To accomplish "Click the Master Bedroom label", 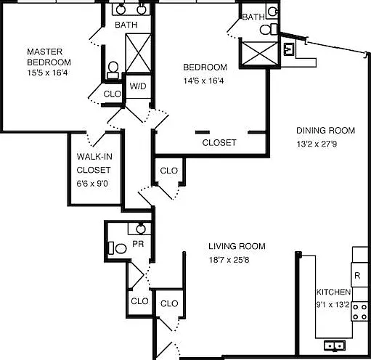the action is pyautogui.click(x=49, y=57).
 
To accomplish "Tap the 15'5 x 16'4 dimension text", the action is pyautogui.click(x=47, y=73).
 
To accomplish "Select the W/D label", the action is pyautogui.click(x=138, y=86).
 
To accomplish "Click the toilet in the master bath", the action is pyautogui.click(x=113, y=70).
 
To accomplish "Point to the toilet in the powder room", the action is pyautogui.click(x=118, y=248).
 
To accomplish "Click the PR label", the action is pyautogui.click(x=138, y=244).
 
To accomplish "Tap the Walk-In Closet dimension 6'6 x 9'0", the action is pyautogui.click(x=92, y=184).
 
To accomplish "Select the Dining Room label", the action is pyautogui.click(x=325, y=131).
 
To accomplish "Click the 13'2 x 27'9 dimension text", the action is pyautogui.click(x=317, y=144).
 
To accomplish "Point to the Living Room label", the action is pyautogui.click(x=237, y=246).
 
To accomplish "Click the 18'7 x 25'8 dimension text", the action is pyautogui.click(x=229, y=260).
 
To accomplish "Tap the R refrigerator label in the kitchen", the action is pyautogui.click(x=357, y=276).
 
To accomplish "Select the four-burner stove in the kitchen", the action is pyautogui.click(x=360, y=311).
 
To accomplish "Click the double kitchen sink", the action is pyautogui.click(x=335, y=345).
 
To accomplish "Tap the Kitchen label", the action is pyautogui.click(x=333, y=292).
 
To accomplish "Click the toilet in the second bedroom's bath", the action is pyautogui.click(x=269, y=29).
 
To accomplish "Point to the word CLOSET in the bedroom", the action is pyautogui.click(x=219, y=143).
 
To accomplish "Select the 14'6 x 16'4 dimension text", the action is pyautogui.click(x=203, y=81).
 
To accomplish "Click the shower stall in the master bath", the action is pyautogui.click(x=138, y=53).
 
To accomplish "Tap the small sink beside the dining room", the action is pyautogui.click(x=289, y=49).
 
